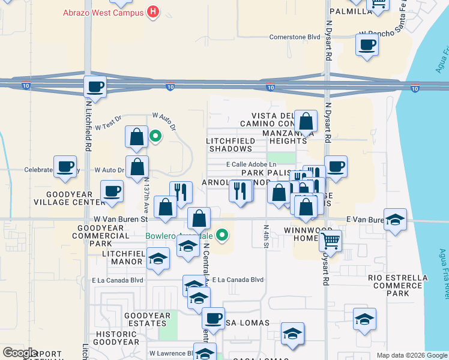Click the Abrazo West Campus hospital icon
(x=154, y=11)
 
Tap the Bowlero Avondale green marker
(x=223, y=235)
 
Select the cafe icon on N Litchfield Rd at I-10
(x=95, y=86)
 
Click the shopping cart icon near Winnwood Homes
(x=330, y=241)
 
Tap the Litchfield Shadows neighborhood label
(x=229, y=144)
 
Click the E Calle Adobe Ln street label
(x=251, y=164)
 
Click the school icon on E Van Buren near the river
(x=395, y=219)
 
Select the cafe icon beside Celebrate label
(x=65, y=166)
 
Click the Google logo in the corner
(x=20, y=353)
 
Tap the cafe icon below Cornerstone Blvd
(x=366, y=44)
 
